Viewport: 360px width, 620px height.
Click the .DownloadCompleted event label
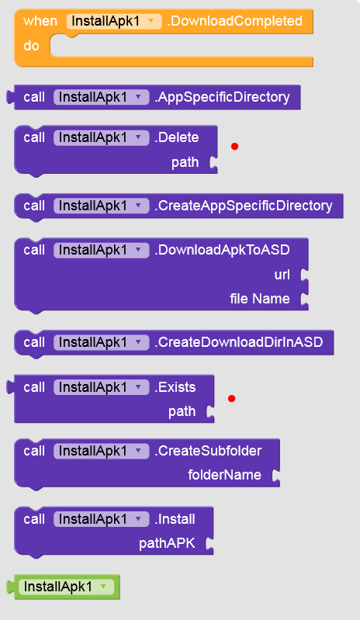tap(235, 21)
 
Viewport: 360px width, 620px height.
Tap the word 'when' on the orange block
tap(40, 21)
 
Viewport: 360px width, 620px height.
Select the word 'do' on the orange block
tap(31, 46)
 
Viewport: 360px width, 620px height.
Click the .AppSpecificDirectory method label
tap(222, 97)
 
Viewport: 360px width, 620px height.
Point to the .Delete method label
tap(177, 137)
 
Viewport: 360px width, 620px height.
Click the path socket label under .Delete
tap(185, 162)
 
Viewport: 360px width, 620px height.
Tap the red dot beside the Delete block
tap(235, 147)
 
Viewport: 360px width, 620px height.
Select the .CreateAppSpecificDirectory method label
tap(244, 206)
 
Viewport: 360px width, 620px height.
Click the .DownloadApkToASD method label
tap(222, 250)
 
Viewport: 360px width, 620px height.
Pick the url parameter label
tap(282, 275)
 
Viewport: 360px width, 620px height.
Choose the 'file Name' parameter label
tap(260, 299)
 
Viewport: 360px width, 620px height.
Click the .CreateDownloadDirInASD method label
tap(239, 342)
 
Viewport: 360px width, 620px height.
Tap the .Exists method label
tap(175, 387)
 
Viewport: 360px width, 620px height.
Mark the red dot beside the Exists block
tap(231, 399)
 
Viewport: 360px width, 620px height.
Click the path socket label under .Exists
tap(182, 411)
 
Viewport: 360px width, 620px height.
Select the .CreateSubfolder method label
tap(208, 451)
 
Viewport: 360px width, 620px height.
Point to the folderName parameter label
tap(224, 475)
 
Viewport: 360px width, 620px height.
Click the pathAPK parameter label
tap(167, 543)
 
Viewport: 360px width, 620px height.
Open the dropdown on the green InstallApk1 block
tap(103, 587)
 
